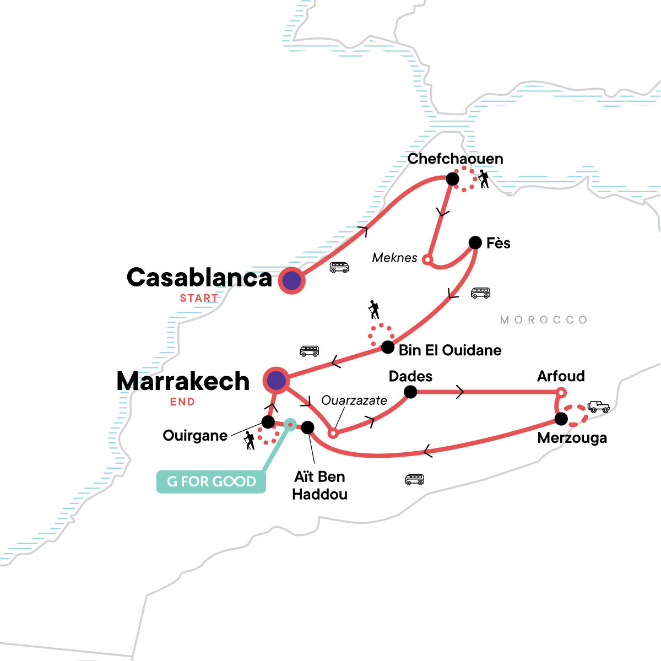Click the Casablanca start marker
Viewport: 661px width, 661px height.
pyautogui.click(x=291, y=280)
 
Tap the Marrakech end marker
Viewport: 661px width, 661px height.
pyautogui.click(x=276, y=380)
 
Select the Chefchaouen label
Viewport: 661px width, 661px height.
pyautogui.click(x=455, y=159)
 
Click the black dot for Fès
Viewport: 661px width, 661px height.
pyautogui.click(x=475, y=242)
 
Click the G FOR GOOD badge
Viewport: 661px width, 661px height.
pyautogui.click(x=211, y=481)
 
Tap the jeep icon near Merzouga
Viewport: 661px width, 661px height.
pyautogui.click(x=598, y=407)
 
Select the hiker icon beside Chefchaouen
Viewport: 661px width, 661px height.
pyautogui.click(x=484, y=179)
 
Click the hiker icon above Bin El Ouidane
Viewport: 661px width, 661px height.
pyautogui.click(x=374, y=310)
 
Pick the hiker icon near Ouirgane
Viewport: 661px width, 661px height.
pyautogui.click(x=250, y=441)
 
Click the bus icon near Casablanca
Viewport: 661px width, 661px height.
pyautogui.click(x=339, y=268)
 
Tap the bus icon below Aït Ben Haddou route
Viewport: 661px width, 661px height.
pyautogui.click(x=414, y=479)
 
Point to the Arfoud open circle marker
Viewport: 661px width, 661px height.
pyautogui.click(x=561, y=393)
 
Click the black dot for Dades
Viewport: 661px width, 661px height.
pyautogui.click(x=410, y=392)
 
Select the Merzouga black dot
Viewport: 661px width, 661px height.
pyautogui.click(x=561, y=419)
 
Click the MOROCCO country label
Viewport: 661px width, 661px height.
pyautogui.click(x=544, y=320)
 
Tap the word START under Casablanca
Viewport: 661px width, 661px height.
pyautogui.click(x=199, y=298)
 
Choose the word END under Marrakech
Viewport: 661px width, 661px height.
pyautogui.click(x=182, y=402)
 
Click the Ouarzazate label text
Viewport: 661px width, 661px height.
pyautogui.click(x=354, y=400)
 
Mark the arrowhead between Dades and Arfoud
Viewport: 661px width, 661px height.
pyautogui.click(x=460, y=392)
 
